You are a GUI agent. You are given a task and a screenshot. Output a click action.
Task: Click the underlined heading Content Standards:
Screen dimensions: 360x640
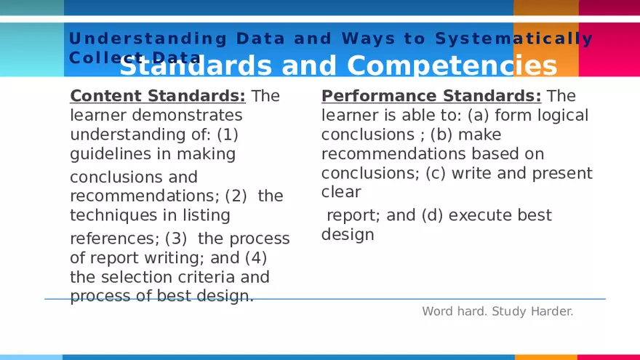click(158, 96)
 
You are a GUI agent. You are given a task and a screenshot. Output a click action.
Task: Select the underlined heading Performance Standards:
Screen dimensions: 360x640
click(431, 96)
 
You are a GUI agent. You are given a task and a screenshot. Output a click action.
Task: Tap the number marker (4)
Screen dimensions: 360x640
click(256, 257)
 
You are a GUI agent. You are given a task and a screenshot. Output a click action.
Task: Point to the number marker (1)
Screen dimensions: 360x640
click(227, 135)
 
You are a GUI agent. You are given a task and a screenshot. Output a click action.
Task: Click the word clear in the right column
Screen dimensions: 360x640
click(341, 193)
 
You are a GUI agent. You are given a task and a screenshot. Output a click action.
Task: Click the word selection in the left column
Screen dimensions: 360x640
click(137, 277)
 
